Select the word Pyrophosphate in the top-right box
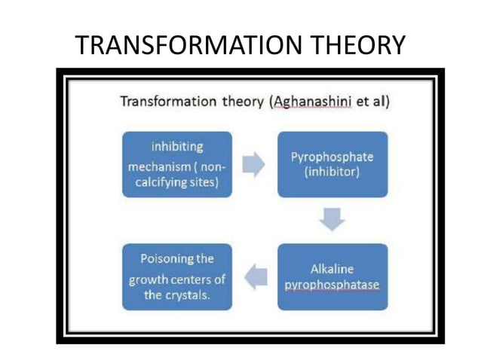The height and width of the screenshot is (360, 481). pyautogui.click(x=332, y=157)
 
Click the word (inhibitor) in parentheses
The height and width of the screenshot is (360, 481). pyautogui.click(x=332, y=173)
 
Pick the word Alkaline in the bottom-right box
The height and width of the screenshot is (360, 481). pyautogui.click(x=332, y=269)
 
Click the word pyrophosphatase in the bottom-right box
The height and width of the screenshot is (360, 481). pyautogui.click(x=332, y=285)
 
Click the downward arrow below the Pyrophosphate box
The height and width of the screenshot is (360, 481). pyautogui.click(x=332, y=221)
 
